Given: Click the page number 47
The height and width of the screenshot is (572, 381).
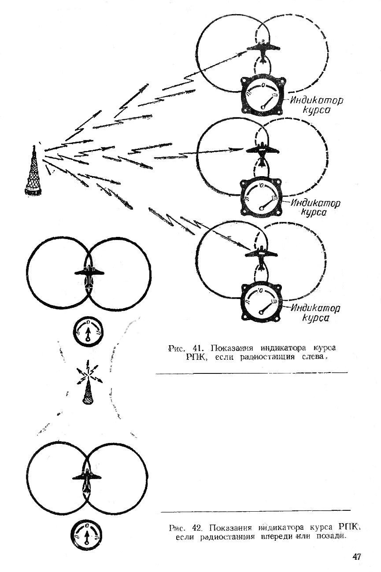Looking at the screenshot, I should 357,557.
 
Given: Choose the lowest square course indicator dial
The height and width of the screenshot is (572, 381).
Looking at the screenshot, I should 263,301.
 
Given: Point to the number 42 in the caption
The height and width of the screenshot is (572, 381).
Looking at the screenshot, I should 198,528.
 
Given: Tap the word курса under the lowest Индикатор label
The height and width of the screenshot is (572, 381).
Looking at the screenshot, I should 316,318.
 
